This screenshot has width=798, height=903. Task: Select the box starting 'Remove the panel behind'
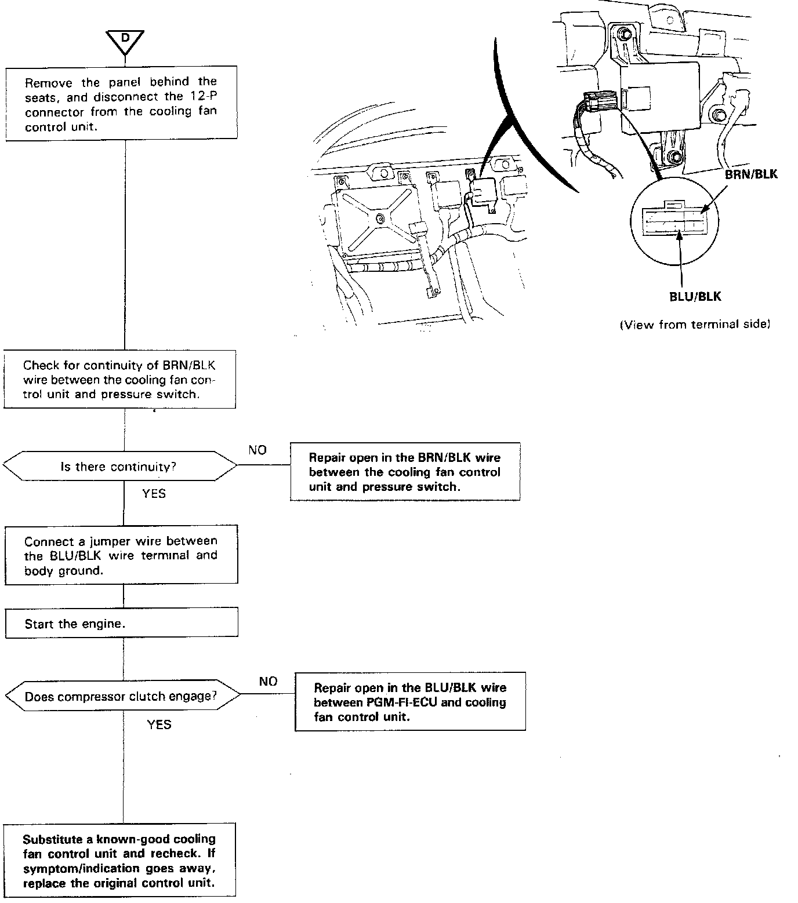[121, 103]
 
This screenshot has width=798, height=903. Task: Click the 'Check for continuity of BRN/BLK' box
[119, 380]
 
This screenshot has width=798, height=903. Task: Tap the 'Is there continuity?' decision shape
[120, 466]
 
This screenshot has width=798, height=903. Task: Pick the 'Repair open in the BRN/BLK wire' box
[405, 472]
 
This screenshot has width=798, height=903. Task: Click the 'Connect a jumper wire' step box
[121, 555]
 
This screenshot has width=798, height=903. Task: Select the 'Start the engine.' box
[121, 624]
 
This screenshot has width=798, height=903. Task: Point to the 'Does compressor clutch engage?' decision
[121, 696]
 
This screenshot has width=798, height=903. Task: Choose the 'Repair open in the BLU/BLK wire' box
[410, 702]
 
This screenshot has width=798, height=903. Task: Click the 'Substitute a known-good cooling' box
[119, 860]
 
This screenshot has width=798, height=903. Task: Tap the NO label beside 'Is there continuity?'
[257, 450]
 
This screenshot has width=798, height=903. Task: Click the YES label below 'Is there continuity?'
[154, 494]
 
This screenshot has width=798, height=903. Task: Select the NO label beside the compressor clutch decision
[268, 681]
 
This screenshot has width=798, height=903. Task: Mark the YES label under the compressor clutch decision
[159, 724]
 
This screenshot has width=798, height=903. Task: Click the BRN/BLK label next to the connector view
[751, 174]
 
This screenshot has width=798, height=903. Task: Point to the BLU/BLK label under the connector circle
[695, 297]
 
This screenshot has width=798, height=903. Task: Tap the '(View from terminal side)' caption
[695, 325]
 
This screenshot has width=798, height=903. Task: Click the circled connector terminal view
[674, 221]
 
